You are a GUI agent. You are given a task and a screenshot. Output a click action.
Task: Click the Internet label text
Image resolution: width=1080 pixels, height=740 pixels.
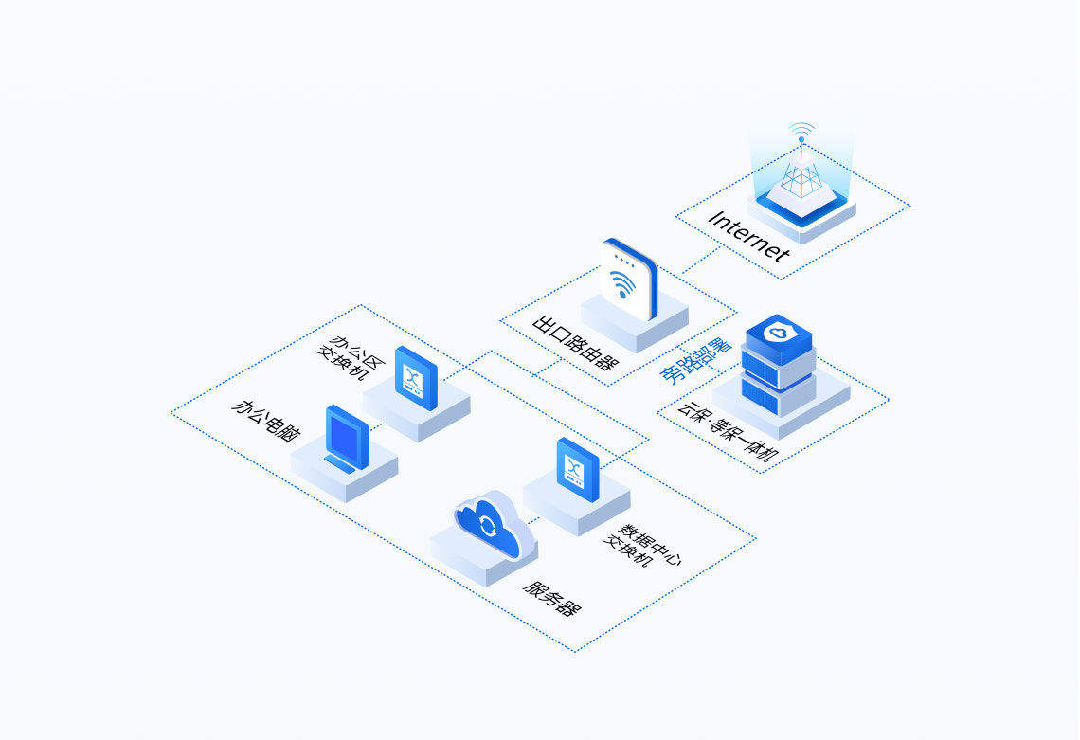coord(748,236)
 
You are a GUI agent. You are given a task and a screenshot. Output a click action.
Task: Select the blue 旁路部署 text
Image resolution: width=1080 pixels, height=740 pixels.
coord(694,360)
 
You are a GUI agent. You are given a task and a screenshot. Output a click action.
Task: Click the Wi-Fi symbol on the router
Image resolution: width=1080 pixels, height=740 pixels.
coord(623,283)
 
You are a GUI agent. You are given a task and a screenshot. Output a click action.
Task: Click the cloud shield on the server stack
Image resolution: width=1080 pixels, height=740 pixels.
coord(778,334)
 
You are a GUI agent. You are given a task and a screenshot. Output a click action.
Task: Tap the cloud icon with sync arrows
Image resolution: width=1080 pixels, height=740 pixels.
coord(488,526)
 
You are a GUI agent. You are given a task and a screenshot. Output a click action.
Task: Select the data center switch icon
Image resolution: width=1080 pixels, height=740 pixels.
coord(578,469)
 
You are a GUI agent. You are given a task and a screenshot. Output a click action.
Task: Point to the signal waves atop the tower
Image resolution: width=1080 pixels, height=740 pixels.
coord(801,130)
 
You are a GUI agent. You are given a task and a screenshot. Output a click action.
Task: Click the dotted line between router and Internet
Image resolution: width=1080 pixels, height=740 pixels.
coord(701,261)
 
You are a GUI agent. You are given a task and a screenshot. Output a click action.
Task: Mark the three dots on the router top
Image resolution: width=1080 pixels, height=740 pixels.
coord(622,258)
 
